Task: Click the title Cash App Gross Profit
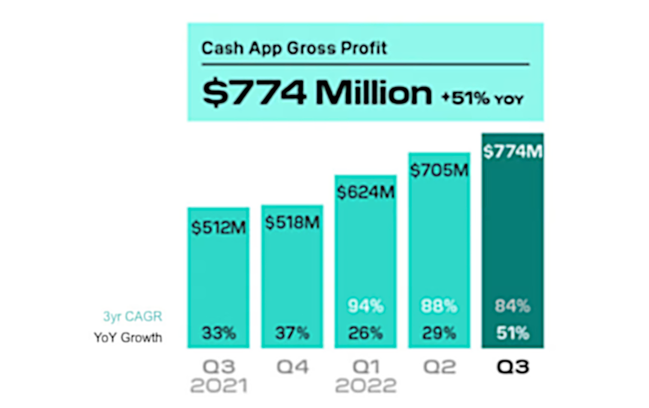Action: [x=294, y=48]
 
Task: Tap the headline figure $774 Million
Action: [x=317, y=93]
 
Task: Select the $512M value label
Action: [x=219, y=228]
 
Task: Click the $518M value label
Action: [x=291, y=223]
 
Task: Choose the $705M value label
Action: [x=439, y=170]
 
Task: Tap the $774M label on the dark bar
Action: [x=513, y=152]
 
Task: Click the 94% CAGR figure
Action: [x=365, y=306]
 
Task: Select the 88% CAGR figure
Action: [x=439, y=306]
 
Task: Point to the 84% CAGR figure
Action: [x=513, y=306]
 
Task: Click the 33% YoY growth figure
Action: [x=219, y=333]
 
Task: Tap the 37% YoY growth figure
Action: [x=291, y=333]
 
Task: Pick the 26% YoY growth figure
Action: [x=365, y=333]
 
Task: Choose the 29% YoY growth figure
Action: [x=439, y=333]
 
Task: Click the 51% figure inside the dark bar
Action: [x=513, y=333]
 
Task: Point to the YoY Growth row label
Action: [x=128, y=338]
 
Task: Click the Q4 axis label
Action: [x=291, y=367]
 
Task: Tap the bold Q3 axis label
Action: [x=513, y=367]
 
